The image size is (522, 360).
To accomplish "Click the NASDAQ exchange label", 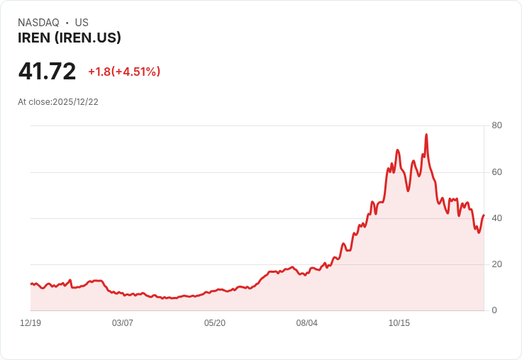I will pyautogui.click(x=38, y=23).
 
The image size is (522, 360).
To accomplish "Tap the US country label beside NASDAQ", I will pyautogui.click(x=82, y=23).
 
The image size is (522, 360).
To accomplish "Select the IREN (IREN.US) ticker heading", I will pyautogui.click(x=70, y=38).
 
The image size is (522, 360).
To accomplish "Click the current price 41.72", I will pyautogui.click(x=47, y=71).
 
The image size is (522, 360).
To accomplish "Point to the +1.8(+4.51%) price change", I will pyautogui.click(x=124, y=72).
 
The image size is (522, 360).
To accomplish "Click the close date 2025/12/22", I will pyautogui.click(x=75, y=102).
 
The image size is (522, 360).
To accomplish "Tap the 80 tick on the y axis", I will pyautogui.click(x=496, y=125).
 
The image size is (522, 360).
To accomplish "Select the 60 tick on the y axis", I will pyautogui.click(x=496, y=172).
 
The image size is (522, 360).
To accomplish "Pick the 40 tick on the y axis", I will pyautogui.click(x=496, y=218).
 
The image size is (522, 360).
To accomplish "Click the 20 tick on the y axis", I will pyautogui.click(x=496, y=264).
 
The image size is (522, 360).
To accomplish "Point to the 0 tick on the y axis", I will pyautogui.click(x=494, y=310).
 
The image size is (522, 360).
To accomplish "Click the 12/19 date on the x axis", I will pyautogui.click(x=30, y=323).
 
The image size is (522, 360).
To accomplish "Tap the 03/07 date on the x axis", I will pyautogui.click(x=123, y=323).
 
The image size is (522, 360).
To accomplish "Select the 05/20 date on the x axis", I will pyautogui.click(x=215, y=323).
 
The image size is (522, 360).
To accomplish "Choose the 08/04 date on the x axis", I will pyautogui.click(x=307, y=323).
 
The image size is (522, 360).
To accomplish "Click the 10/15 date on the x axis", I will pyautogui.click(x=399, y=323).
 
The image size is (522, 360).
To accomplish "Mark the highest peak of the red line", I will pyautogui.click(x=426, y=134).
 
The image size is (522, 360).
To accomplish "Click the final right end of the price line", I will pyautogui.click(x=484, y=215).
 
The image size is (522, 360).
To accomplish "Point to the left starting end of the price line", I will pyautogui.click(x=30, y=283).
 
